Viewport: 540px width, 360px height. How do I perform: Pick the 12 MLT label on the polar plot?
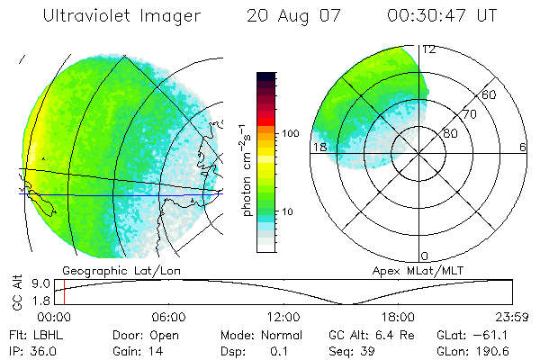click(428, 49)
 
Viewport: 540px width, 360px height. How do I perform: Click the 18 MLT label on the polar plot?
click(319, 147)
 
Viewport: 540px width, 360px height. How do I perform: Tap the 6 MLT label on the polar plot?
click(524, 147)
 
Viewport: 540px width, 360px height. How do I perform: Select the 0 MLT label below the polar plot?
click(425, 257)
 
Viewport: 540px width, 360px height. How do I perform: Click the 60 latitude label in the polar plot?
click(490, 94)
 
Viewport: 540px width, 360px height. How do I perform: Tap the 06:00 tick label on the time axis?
click(168, 317)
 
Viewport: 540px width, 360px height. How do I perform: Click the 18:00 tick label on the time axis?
click(398, 317)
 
